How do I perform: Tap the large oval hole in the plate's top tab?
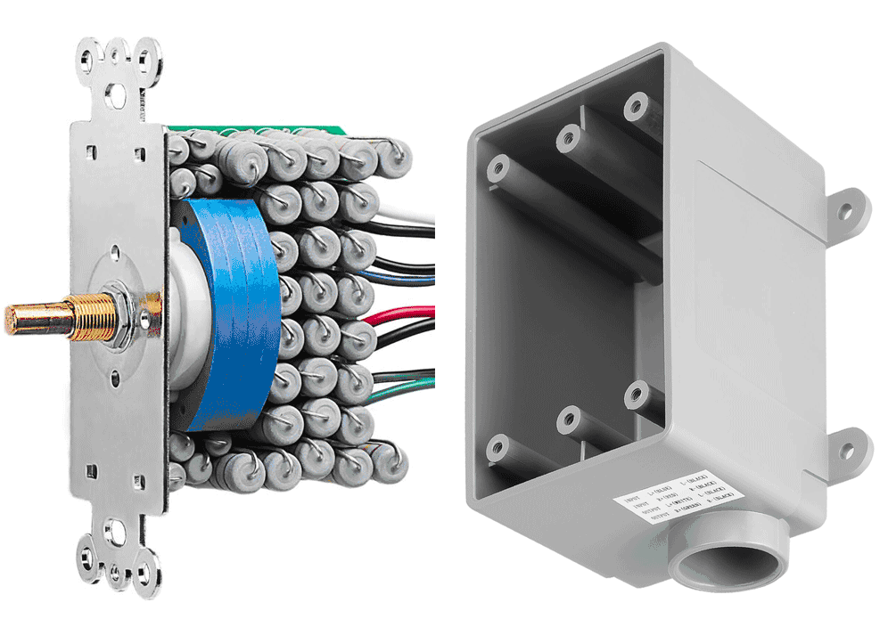pos(118,91)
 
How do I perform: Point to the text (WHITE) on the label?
pos(683,501)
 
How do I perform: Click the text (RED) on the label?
pos(670,494)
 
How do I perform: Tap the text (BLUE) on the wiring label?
pos(664,489)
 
